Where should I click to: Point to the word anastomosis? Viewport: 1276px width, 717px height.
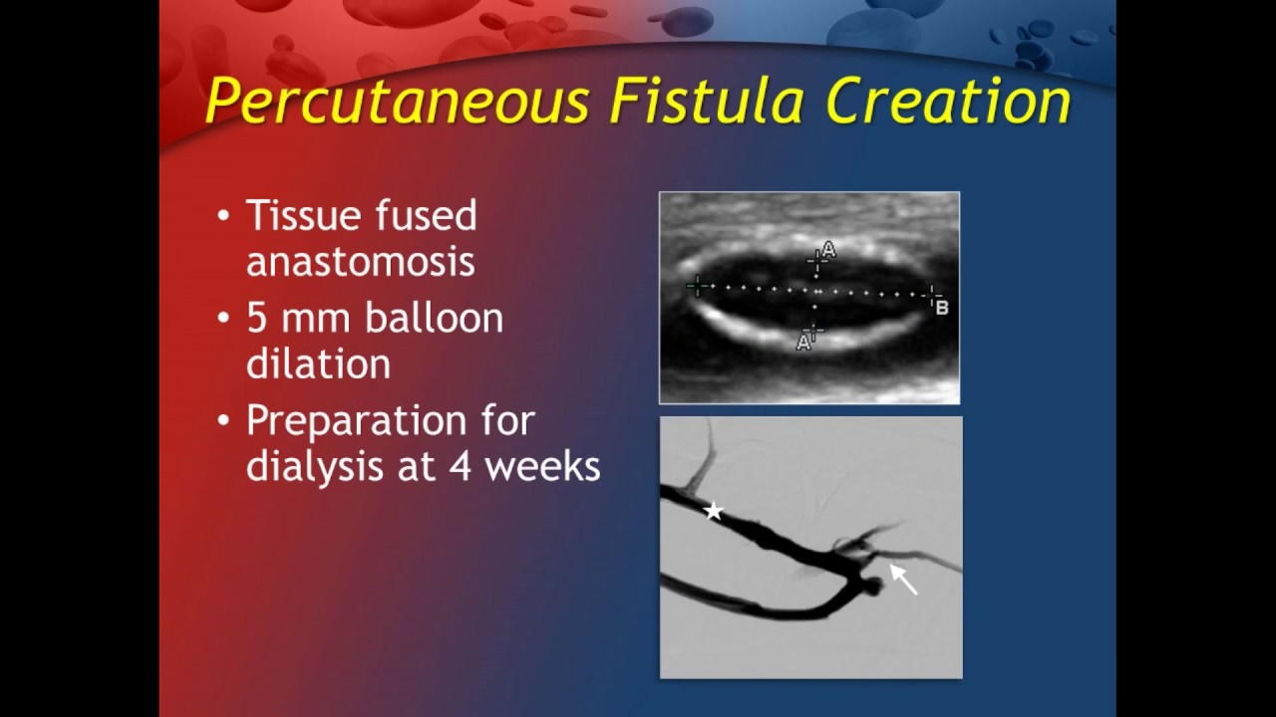pyautogui.click(x=360, y=261)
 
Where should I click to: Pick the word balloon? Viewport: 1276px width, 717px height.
pyautogui.click(x=434, y=319)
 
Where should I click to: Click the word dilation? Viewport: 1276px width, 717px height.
pyautogui.click(x=318, y=363)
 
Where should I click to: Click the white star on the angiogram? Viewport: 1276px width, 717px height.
pyautogui.click(x=714, y=512)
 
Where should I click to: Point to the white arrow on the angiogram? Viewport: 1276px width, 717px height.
pyautogui.click(x=903, y=579)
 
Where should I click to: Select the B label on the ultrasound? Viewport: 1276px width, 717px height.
pyautogui.click(x=942, y=308)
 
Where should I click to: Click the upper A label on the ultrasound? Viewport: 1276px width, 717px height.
pyautogui.click(x=828, y=249)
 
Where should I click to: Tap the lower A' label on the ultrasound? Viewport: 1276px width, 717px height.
pyautogui.click(x=803, y=343)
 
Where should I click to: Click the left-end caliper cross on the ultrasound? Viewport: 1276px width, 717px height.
pyautogui.click(x=698, y=287)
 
